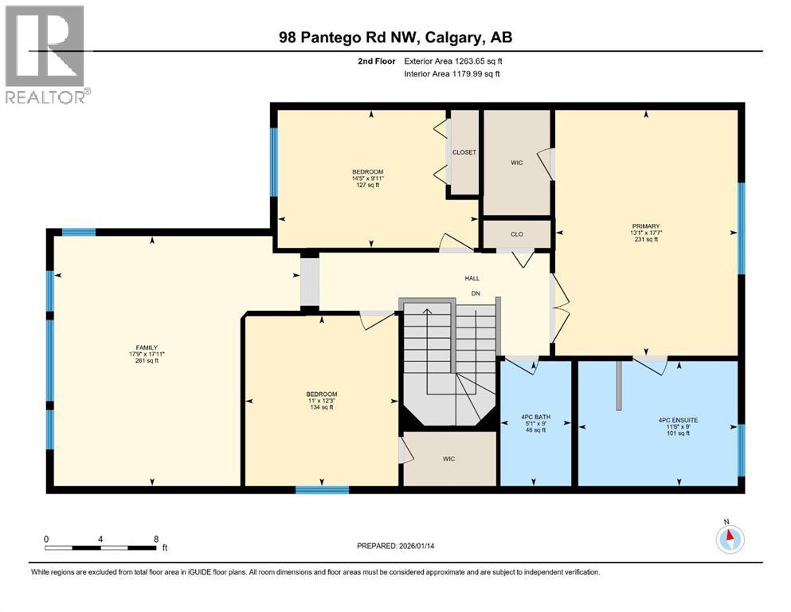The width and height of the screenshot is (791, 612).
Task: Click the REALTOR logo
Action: [x=46, y=54]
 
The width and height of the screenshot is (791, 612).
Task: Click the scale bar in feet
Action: [x=101, y=547]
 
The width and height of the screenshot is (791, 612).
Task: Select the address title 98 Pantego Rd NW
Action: [x=395, y=38]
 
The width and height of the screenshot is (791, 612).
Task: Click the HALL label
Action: [x=472, y=278]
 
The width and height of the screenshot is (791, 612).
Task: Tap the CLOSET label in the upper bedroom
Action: [x=464, y=152]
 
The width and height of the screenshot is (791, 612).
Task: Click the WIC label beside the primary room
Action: [x=516, y=163]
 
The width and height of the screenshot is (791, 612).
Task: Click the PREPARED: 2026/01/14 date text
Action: [x=396, y=546]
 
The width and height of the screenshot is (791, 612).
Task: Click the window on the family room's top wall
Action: [x=79, y=232]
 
